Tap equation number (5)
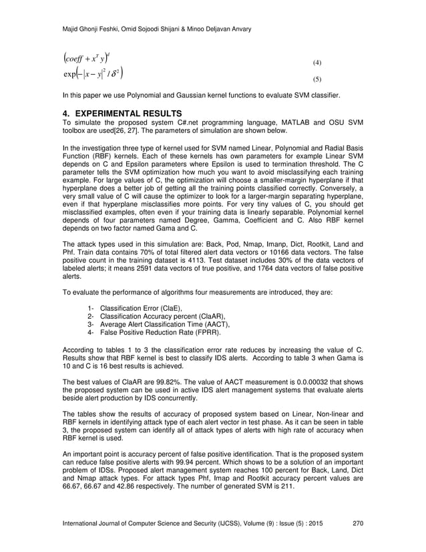[317, 80]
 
